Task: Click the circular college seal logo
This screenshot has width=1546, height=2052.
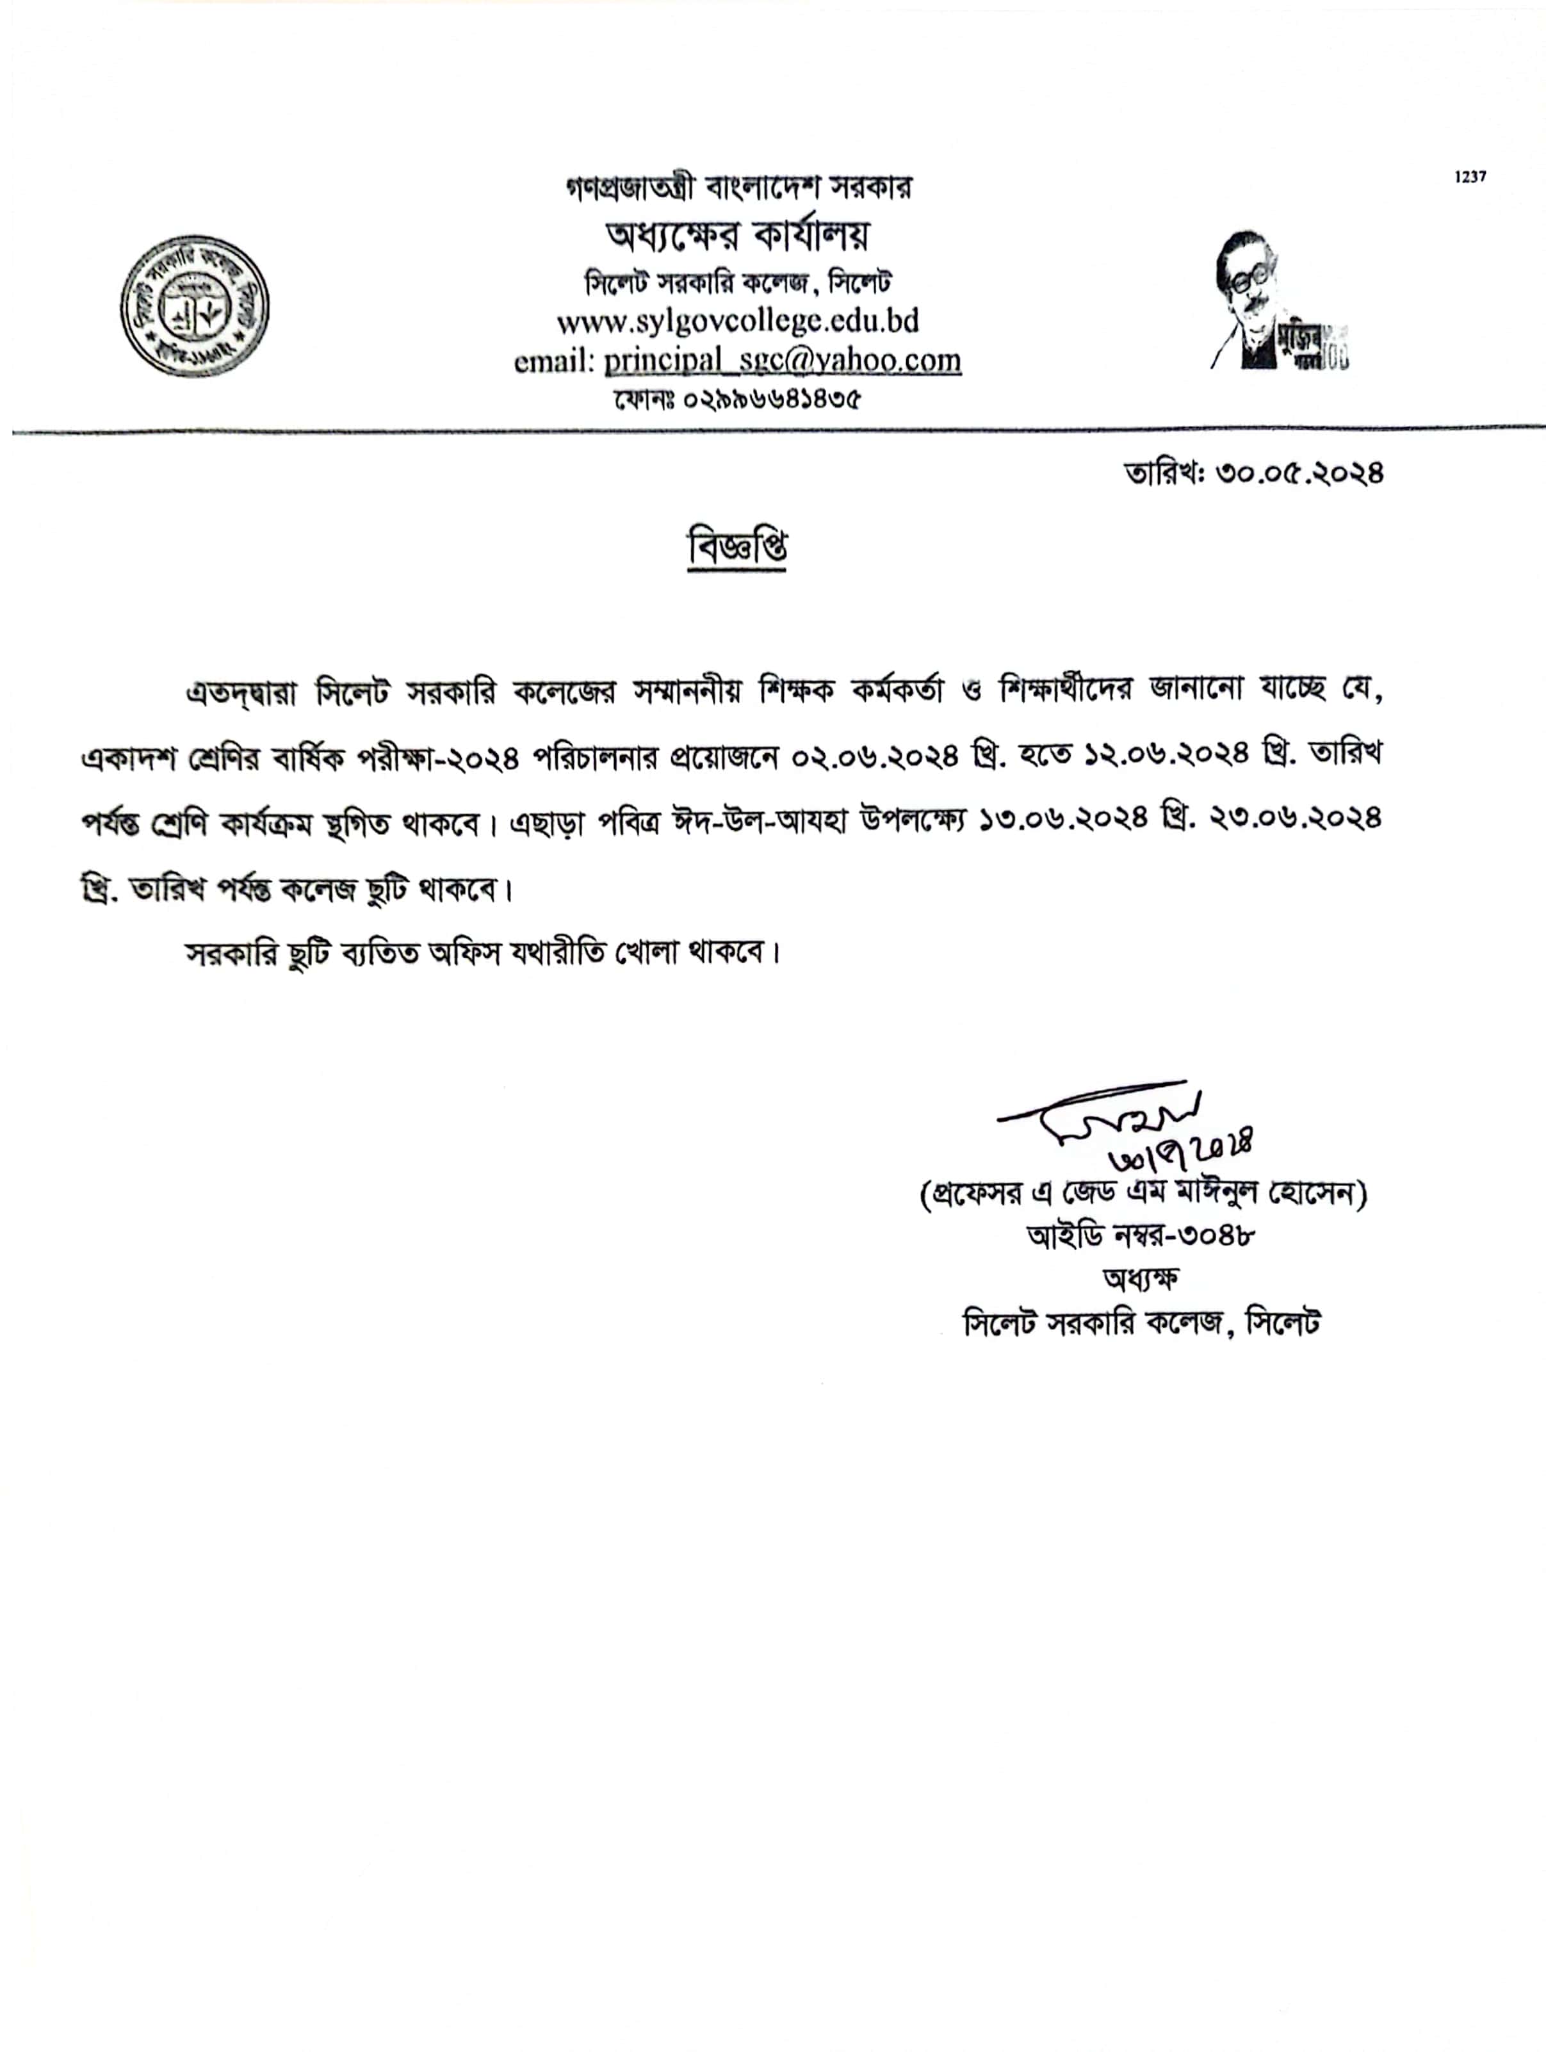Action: (195, 305)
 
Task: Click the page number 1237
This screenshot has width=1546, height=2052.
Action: (1470, 177)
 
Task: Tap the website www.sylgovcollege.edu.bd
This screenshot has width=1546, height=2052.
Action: (737, 321)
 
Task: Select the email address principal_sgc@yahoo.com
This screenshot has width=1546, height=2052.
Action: (782, 360)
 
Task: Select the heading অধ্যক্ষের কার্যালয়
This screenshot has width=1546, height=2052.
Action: (737, 236)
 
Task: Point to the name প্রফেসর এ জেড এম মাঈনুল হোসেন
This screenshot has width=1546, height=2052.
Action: (1143, 1194)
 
